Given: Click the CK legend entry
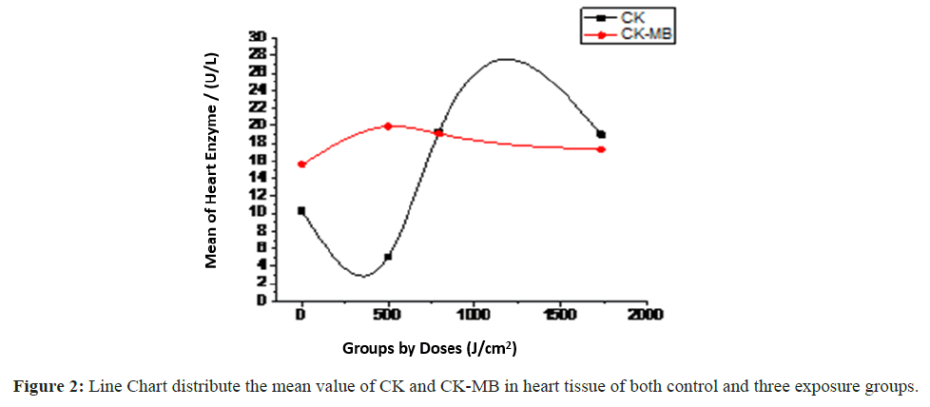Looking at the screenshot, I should tap(631, 16).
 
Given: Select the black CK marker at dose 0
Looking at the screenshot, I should tap(301, 210).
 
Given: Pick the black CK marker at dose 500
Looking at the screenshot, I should tap(388, 257).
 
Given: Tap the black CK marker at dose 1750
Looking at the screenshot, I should tap(601, 134).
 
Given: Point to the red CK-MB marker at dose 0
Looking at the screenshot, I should tap(301, 165).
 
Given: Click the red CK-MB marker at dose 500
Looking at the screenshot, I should tap(388, 126).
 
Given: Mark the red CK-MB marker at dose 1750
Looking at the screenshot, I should tap(601, 149).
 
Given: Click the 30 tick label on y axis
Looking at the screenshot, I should tap(257, 37).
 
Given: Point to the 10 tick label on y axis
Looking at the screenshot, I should tap(257, 212).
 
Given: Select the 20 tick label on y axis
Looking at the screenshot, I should tap(257, 125).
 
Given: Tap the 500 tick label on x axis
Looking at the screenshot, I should tap(387, 315).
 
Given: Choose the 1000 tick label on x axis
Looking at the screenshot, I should tap(473, 315).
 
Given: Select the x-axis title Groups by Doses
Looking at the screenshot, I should tap(430, 348).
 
